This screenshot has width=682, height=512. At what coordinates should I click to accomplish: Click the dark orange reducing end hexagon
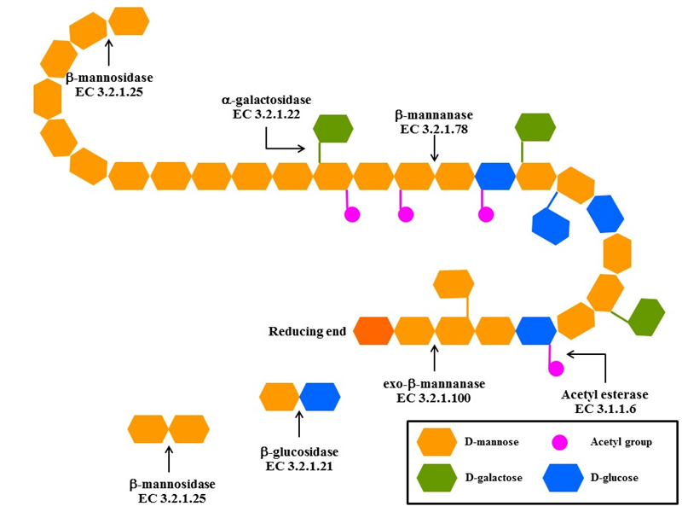[x=373, y=330]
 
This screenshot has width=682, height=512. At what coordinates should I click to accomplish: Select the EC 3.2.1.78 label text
[x=434, y=130]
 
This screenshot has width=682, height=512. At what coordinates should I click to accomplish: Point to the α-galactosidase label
[x=266, y=101]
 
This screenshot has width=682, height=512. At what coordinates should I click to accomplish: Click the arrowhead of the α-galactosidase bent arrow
[x=302, y=148]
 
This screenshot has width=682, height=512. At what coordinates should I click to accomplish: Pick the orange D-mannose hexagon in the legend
[x=437, y=442]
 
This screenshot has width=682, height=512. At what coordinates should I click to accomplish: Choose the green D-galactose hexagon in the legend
[x=437, y=480]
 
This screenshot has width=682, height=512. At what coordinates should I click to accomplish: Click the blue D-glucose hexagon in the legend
[x=564, y=480]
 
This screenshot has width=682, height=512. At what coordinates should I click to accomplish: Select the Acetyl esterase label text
[x=604, y=395]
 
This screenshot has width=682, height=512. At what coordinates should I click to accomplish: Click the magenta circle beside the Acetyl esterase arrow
[x=556, y=369]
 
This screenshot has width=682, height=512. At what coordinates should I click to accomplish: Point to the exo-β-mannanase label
[x=434, y=384]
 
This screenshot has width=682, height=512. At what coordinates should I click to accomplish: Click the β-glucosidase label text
[x=299, y=451]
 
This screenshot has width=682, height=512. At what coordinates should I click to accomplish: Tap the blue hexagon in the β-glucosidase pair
[x=320, y=397]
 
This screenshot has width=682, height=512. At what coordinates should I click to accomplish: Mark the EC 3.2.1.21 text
[x=299, y=466]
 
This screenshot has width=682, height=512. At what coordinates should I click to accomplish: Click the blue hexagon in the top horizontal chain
[x=495, y=176]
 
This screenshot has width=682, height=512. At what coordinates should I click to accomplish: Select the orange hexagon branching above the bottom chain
[x=454, y=284]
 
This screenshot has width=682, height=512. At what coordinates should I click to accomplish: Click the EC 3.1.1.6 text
[x=604, y=410]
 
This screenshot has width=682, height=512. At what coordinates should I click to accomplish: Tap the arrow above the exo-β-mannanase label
[x=435, y=358]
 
